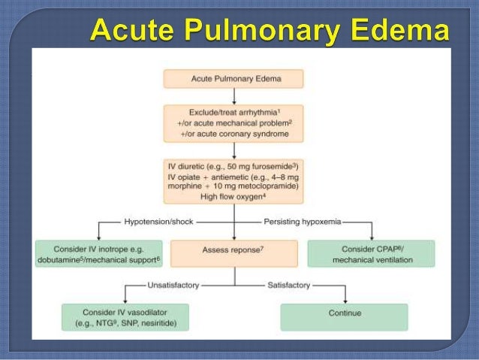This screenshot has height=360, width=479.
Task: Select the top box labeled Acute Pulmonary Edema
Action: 234,79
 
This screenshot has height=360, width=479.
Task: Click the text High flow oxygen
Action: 229,197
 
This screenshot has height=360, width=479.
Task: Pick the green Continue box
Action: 344,313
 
